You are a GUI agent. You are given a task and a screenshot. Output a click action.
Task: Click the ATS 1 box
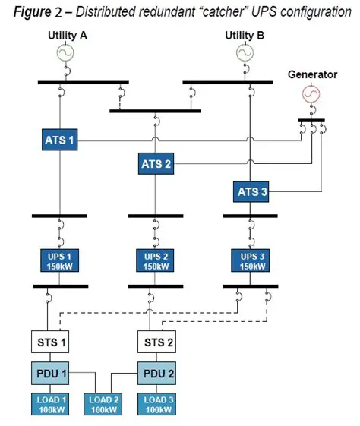61,140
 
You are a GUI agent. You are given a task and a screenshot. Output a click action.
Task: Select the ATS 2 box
156,163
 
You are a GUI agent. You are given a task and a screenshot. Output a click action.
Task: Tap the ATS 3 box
252,191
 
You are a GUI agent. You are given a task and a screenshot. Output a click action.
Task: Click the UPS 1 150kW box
61,260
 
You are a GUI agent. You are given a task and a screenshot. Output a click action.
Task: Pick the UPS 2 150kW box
156,260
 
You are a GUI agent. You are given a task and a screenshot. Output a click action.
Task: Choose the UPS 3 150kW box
252,260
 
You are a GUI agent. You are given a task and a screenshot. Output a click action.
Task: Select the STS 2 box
156,342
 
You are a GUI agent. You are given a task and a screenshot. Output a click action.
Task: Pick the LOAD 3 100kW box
156,405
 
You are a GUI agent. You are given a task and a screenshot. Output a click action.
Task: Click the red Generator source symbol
310,94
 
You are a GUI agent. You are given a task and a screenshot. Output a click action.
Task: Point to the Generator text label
311,74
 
